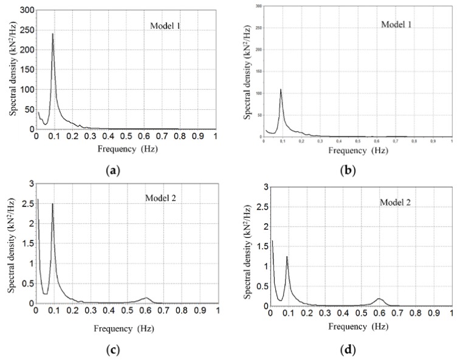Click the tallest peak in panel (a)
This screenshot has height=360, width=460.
click(x=53, y=34)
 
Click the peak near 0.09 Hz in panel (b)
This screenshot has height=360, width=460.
click(x=281, y=89)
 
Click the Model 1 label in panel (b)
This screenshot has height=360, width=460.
click(x=397, y=24)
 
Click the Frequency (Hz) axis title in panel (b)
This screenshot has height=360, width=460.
click(x=357, y=150)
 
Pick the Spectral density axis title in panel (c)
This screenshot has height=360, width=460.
click(x=10, y=249)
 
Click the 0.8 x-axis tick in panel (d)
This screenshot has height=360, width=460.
click(x=415, y=314)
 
